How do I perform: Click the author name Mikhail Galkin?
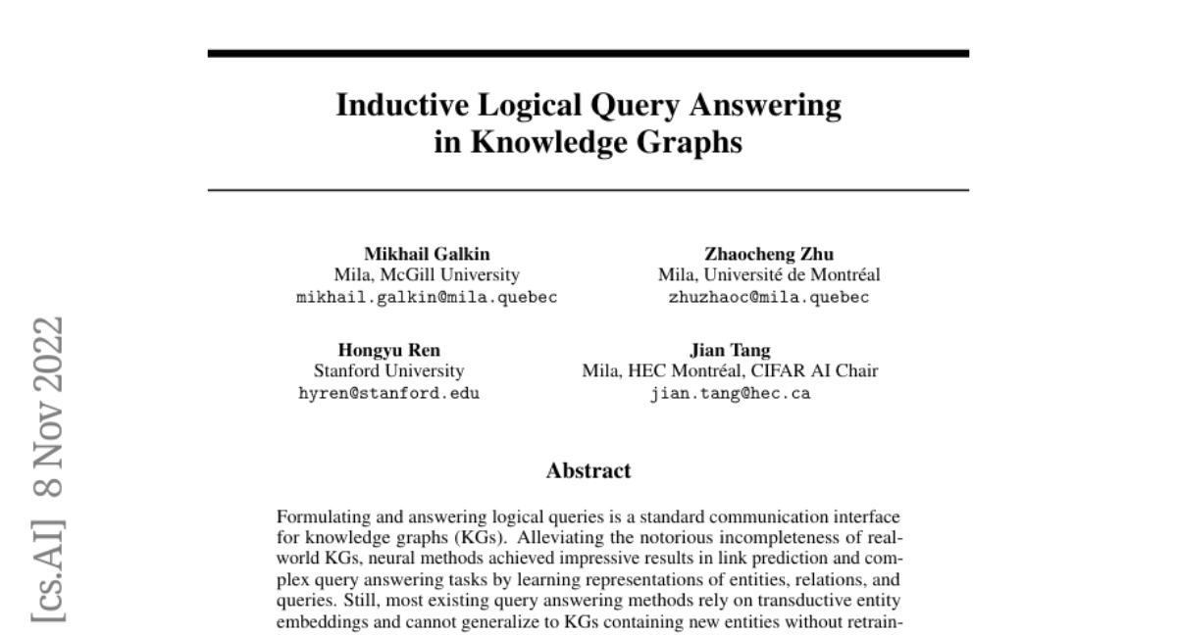pyautogui.click(x=427, y=254)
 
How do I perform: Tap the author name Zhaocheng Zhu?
pyautogui.click(x=769, y=254)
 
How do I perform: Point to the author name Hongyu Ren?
pyautogui.click(x=388, y=350)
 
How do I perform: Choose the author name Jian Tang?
pyautogui.click(x=730, y=350)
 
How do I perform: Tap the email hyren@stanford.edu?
pyautogui.click(x=388, y=394)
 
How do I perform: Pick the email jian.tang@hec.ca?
pyautogui.click(x=730, y=394)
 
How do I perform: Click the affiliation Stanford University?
pyautogui.click(x=388, y=371)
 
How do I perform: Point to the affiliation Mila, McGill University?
pyautogui.click(x=427, y=275)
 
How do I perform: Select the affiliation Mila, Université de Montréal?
pyautogui.click(x=769, y=275)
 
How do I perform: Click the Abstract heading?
pyautogui.click(x=588, y=470)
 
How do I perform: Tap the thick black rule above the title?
pyautogui.click(x=588, y=53)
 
